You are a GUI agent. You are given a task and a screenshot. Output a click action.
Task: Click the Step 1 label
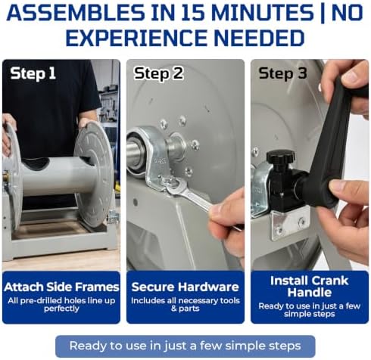(x=33, y=73)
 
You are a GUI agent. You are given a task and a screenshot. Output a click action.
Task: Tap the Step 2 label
(x=158, y=73)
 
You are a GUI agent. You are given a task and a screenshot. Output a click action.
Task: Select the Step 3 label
(x=282, y=73)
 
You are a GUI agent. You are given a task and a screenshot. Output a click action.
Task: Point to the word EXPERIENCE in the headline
(x=137, y=38)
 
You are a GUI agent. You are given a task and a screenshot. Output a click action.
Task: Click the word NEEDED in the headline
(x=259, y=38)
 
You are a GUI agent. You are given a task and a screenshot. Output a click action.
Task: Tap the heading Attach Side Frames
(x=61, y=287)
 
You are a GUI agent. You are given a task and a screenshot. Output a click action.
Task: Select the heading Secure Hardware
(x=185, y=287)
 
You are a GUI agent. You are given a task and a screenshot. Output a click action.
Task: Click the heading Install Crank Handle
(x=309, y=287)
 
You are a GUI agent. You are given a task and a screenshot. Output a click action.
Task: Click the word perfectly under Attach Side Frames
(x=61, y=309)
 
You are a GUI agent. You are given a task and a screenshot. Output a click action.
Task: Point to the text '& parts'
(x=185, y=309)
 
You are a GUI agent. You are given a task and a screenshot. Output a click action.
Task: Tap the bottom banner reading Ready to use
(x=185, y=346)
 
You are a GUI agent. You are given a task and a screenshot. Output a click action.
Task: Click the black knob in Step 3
(x=280, y=157)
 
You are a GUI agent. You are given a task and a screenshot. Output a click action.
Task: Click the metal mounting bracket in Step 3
(x=290, y=222)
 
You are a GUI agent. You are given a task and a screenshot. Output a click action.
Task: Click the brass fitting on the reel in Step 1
(x=5, y=176)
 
